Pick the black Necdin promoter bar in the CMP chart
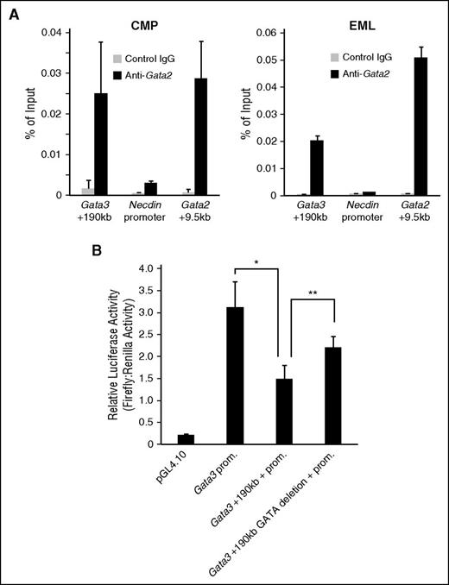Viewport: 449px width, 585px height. pos(150,189)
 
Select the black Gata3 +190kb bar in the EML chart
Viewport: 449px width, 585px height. pos(319,167)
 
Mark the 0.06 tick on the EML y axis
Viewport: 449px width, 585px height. pos(276,33)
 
